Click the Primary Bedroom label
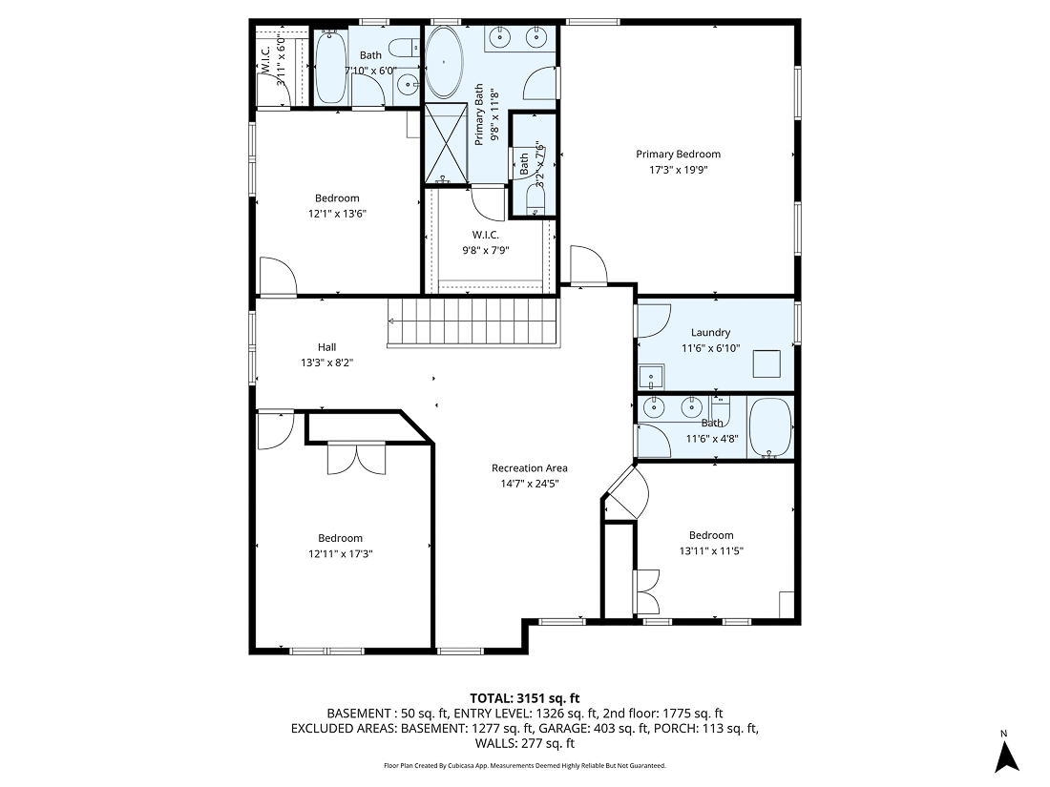[678, 155]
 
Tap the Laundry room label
[710, 333]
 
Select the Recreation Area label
[529, 467]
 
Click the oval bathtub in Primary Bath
[444, 62]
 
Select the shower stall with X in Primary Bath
[446, 144]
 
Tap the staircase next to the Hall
[472, 322]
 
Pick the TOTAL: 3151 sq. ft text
[524, 697]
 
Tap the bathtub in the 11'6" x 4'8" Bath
[770, 428]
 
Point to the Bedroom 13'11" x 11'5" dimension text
[711, 550]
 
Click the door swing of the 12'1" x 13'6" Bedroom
[279, 277]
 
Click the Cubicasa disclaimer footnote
[524, 765]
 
